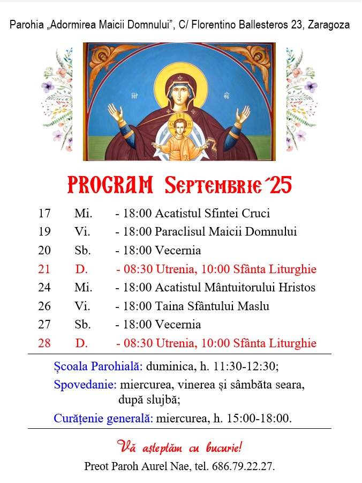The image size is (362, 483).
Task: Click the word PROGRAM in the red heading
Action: [110, 185]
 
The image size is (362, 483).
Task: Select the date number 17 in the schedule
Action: [44, 213]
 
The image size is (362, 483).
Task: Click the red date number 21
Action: [44, 269]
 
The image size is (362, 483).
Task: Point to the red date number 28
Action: [44, 343]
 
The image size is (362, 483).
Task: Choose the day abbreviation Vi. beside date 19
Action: [82, 232]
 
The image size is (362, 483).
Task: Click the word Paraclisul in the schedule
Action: [180, 232]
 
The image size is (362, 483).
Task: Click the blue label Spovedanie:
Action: [85, 384]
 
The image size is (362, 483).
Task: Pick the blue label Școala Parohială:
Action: [98, 367]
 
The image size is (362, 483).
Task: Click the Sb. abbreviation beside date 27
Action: [83, 325]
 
